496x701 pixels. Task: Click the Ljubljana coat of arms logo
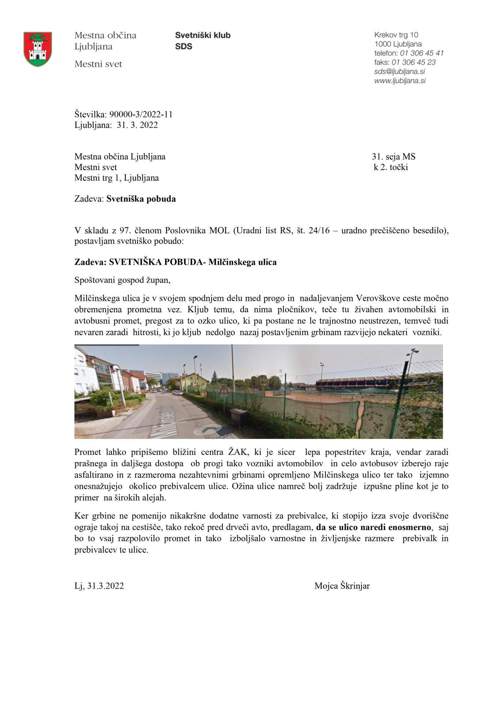click(x=38, y=49)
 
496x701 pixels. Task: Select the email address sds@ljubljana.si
click(x=399, y=72)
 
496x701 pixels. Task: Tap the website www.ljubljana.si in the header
click(x=400, y=81)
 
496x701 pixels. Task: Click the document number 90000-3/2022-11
click(x=141, y=114)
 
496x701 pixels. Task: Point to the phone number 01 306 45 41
click(x=421, y=53)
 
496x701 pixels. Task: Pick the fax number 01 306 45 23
click(x=413, y=62)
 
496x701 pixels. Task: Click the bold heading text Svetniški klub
click(x=202, y=35)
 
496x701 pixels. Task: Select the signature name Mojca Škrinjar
click(x=342, y=586)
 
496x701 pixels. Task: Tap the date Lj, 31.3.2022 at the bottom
click(x=99, y=586)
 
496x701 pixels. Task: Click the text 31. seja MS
click(x=393, y=157)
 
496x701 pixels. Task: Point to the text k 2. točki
click(x=390, y=167)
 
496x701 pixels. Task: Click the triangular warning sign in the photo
click(x=223, y=391)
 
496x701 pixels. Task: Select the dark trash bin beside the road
click(x=238, y=418)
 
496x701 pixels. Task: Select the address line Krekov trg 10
click(x=396, y=35)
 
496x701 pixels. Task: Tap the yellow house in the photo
click(x=192, y=381)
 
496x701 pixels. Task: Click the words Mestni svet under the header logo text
click(x=98, y=64)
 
